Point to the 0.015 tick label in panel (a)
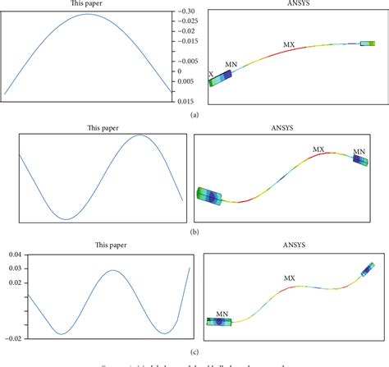tap(186, 100)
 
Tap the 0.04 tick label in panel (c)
tap(14, 255)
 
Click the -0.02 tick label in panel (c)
tap(12, 337)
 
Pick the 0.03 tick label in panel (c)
tap(14, 268)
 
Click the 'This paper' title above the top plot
tap(87, 4)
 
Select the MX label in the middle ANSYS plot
tap(318, 149)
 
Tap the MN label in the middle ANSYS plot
tap(359, 152)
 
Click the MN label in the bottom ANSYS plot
tap(221, 314)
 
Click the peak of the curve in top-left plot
tap(89, 15)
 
